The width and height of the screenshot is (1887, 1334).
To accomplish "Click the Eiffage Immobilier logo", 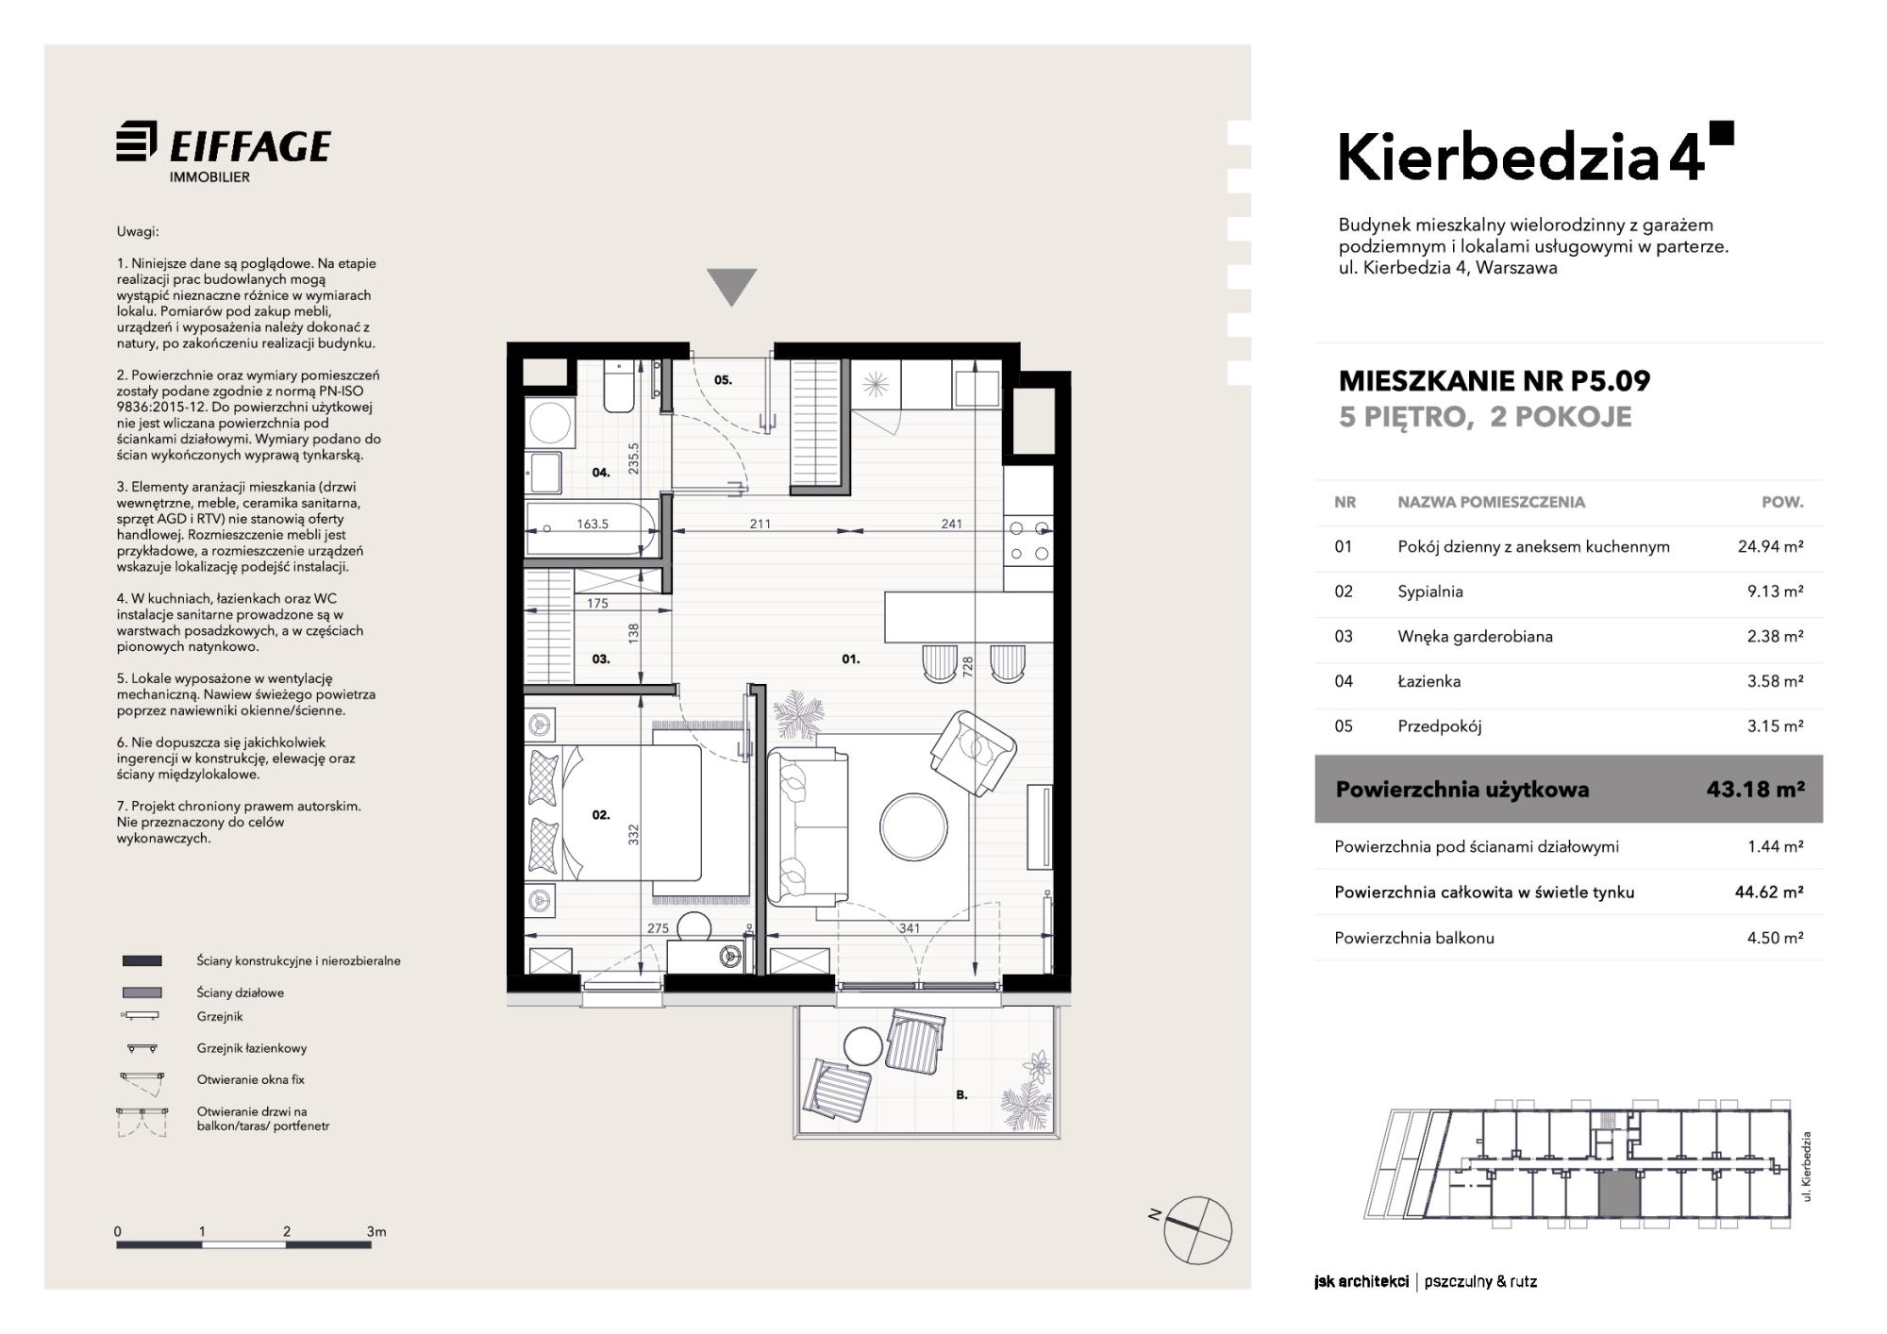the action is click(224, 152).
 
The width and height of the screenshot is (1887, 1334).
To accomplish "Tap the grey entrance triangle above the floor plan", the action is click(731, 286).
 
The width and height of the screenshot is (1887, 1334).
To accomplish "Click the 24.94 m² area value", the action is click(1770, 546).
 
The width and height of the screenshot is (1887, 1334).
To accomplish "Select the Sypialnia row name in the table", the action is click(1430, 592).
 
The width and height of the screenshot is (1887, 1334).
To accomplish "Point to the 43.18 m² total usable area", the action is click(1755, 789).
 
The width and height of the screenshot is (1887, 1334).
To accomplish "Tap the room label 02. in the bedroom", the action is click(601, 814).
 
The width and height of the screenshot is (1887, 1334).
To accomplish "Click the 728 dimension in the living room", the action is click(968, 667).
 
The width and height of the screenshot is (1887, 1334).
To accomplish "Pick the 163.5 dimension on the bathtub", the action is click(593, 524).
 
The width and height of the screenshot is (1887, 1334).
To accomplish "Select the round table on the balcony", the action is click(863, 1045).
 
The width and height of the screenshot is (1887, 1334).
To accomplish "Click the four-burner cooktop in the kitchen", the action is click(1027, 541).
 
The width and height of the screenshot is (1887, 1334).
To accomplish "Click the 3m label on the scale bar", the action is click(376, 1231).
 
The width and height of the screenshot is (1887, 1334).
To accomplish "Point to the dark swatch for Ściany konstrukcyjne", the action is click(142, 960).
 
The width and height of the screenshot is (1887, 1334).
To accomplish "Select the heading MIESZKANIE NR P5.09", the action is click(1495, 380).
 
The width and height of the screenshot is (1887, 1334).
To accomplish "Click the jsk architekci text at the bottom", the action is click(1361, 1281).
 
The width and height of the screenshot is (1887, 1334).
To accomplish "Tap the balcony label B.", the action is click(961, 1095).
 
